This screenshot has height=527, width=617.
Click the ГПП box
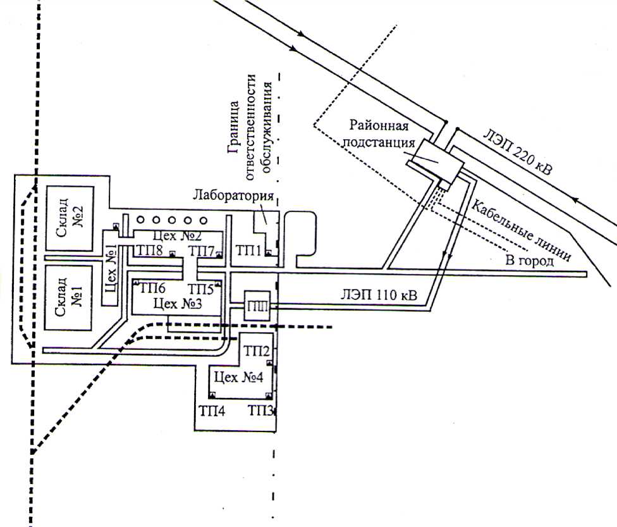click(257, 306)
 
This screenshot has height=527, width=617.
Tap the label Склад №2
click(69, 218)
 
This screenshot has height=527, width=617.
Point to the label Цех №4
click(240, 378)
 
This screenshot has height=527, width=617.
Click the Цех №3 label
click(178, 304)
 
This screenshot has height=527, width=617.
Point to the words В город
click(528, 260)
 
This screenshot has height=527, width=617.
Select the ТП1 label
click(248, 251)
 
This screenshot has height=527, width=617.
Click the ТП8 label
click(149, 251)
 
